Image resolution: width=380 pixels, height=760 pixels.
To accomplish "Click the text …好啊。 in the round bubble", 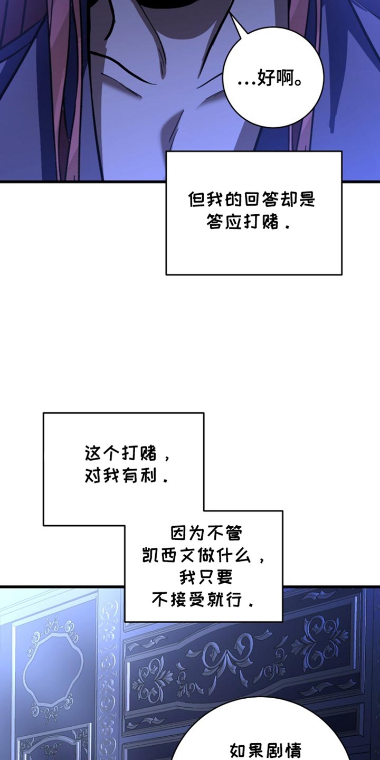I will click(273, 80).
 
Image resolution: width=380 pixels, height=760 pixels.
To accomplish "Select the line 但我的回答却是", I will click(251, 200).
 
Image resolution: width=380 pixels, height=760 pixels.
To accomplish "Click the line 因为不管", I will click(206, 534).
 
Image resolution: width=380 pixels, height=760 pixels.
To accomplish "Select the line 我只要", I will click(206, 578).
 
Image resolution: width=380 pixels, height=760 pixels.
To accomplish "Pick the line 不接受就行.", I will click(203, 600).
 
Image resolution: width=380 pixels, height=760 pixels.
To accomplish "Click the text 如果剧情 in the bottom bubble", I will click(265, 749).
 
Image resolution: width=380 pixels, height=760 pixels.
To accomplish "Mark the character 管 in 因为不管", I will click(233, 534).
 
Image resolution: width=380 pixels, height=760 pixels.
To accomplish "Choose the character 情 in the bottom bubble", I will click(292, 749).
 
